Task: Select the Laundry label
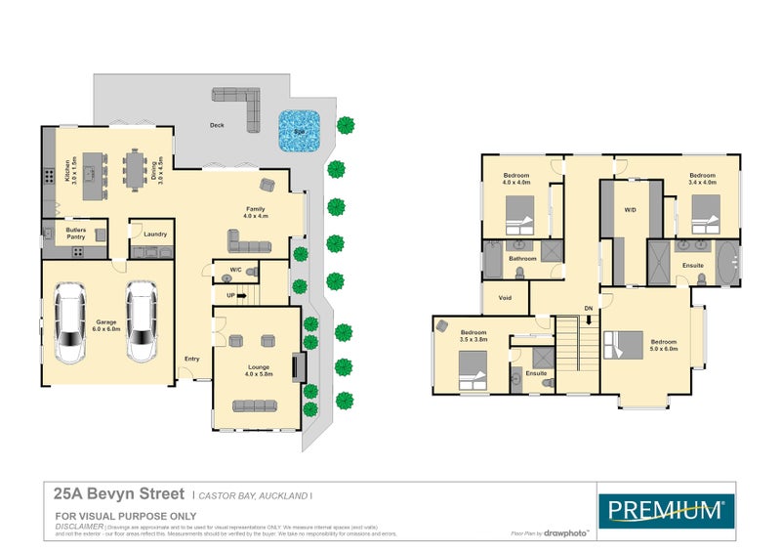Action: (154, 234)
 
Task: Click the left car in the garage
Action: (71, 320)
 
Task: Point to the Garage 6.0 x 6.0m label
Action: (104, 326)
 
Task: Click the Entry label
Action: (191, 359)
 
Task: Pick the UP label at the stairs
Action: (230, 294)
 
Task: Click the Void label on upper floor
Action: (505, 298)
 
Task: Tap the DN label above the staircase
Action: (587, 309)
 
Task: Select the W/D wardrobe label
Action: (630, 209)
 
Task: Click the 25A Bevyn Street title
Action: (120, 495)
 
